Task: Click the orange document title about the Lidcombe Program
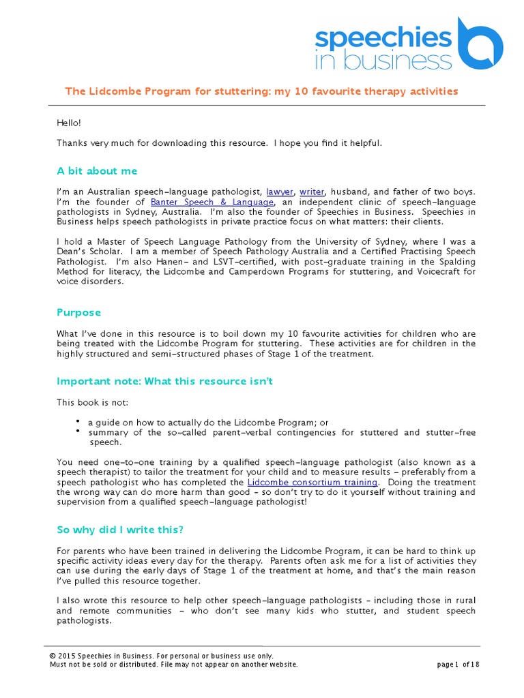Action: click(x=261, y=91)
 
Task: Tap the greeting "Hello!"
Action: click(x=69, y=123)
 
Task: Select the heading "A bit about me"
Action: click(x=97, y=171)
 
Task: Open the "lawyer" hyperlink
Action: click(x=279, y=192)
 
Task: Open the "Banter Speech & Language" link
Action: click(x=212, y=202)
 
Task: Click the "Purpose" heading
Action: click(x=78, y=312)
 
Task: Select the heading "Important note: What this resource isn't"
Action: click(x=164, y=381)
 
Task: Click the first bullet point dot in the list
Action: click(x=78, y=421)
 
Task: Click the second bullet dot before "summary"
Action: click(x=78, y=431)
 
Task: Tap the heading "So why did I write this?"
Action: click(x=120, y=530)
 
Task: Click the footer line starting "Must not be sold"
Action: click(x=173, y=665)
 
